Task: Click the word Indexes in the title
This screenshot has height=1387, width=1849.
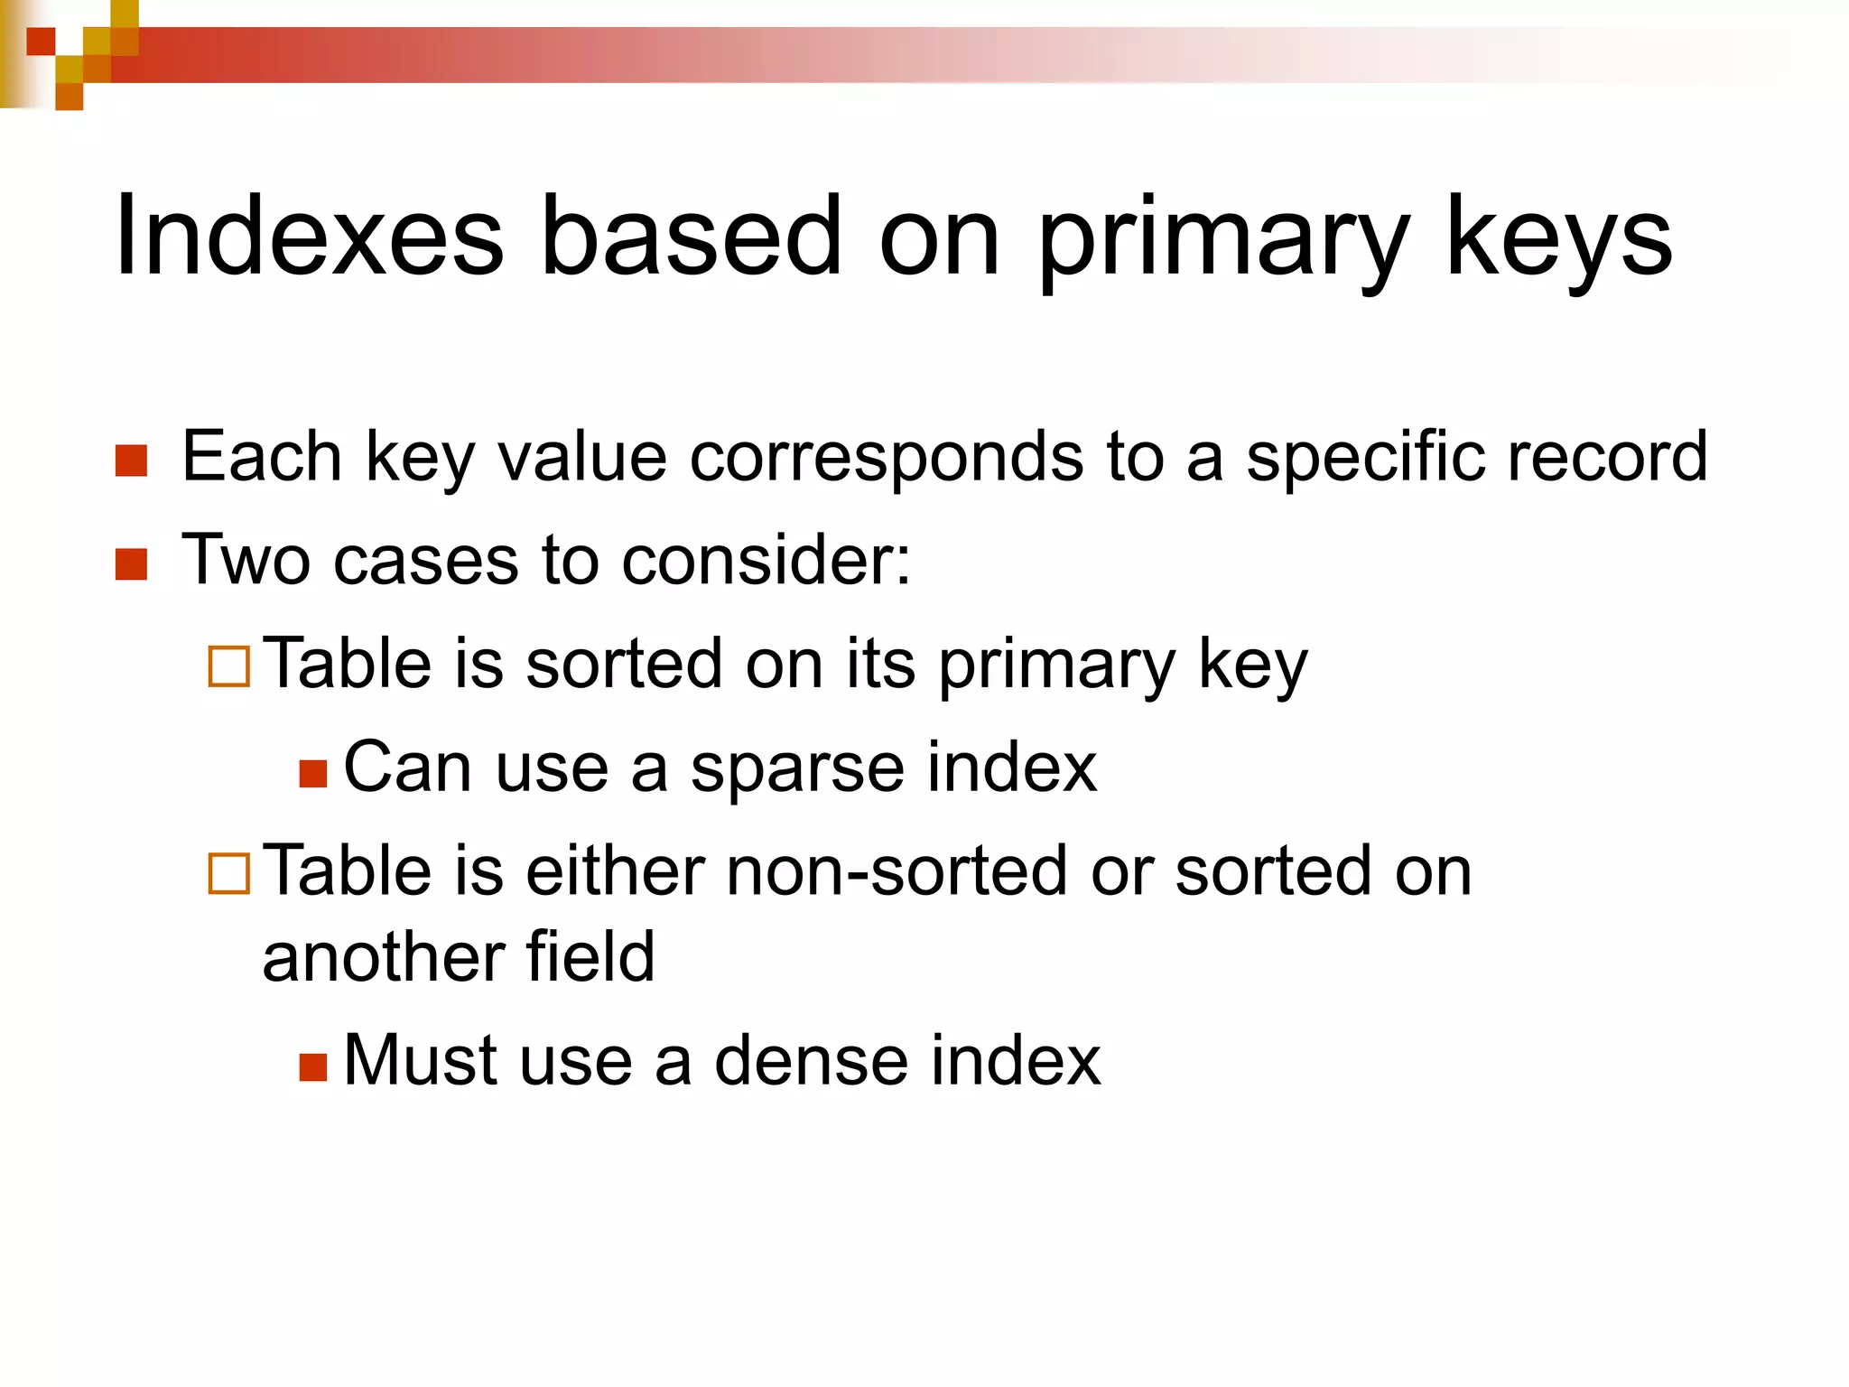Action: click(x=308, y=237)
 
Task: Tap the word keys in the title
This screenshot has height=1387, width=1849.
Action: click(x=1559, y=237)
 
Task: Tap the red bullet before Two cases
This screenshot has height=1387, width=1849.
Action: click(x=132, y=564)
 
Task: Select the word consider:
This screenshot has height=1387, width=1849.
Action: click(x=767, y=561)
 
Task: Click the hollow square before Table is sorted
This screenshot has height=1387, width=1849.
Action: click(x=228, y=667)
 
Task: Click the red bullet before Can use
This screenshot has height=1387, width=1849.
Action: click(x=312, y=773)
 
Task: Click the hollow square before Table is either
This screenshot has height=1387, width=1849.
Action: click(x=228, y=873)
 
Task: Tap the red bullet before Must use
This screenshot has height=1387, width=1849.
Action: click(x=312, y=1066)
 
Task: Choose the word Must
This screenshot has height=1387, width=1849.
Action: click(x=420, y=1061)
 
